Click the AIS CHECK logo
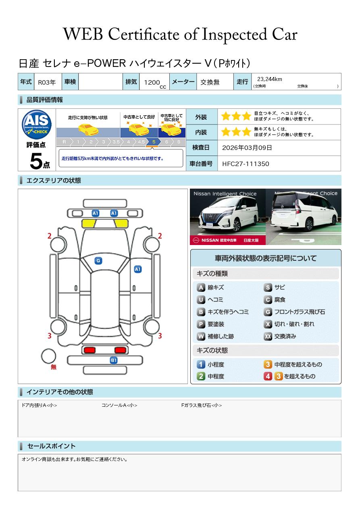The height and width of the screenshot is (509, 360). (x=37, y=125)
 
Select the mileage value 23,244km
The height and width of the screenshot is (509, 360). (x=270, y=79)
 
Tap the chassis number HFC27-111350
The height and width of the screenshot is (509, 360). (x=246, y=164)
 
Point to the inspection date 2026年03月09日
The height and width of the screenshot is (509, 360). (x=247, y=148)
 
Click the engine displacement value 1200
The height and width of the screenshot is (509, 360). (x=152, y=82)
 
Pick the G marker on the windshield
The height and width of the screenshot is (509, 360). (x=98, y=261)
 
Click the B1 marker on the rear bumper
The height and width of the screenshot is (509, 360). (x=114, y=360)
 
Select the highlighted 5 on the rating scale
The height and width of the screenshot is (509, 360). (x=154, y=142)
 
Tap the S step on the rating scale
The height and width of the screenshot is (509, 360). (x=179, y=142)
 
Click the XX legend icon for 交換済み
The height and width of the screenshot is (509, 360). (x=268, y=336)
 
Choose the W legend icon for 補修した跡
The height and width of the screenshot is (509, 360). (x=201, y=336)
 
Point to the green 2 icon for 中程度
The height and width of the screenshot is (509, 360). (x=201, y=376)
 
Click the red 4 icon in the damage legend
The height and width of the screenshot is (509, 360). (x=268, y=376)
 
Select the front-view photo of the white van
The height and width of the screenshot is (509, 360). (x=227, y=217)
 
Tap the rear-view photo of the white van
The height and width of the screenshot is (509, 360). (x=304, y=217)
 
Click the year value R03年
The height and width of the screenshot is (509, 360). (x=47, y=82)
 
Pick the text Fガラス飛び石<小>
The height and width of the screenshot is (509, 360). (x=201, y=405)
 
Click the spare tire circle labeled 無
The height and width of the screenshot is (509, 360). (x=48, y=356)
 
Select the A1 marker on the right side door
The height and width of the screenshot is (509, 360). (x=138, y=269)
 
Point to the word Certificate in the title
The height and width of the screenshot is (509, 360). (x=144, y=34)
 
